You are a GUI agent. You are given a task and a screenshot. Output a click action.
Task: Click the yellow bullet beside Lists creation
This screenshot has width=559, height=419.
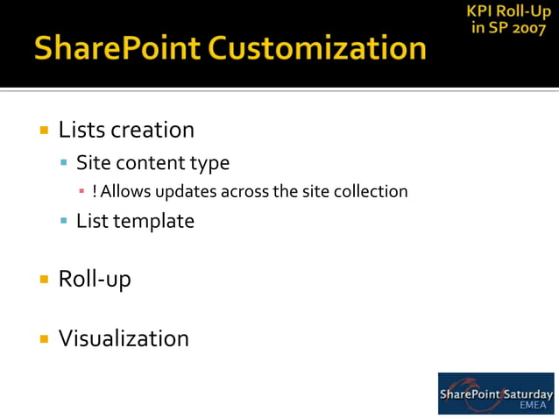click(x=43, y=131)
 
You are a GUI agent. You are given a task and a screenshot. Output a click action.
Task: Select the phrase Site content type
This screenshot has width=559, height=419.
click(x=152, y=162)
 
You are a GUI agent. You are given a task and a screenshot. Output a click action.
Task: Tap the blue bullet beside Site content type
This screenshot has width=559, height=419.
click(x=64, y=163)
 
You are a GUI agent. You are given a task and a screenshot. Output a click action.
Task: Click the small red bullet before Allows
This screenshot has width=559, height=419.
click(x=81, y=191)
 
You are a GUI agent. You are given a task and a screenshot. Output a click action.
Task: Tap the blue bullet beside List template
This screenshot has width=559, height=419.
click(x=64, y=221)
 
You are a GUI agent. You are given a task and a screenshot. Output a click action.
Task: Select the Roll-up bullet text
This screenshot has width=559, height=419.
click(x=95, y=280)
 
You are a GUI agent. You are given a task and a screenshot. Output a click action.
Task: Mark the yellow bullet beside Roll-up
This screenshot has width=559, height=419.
click(x=43, y=280)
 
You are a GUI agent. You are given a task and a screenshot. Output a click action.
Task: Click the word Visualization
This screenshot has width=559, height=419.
click(x=124, y=338)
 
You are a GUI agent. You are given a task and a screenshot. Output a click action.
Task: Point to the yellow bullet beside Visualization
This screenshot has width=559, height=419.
click(x=43, y=338)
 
